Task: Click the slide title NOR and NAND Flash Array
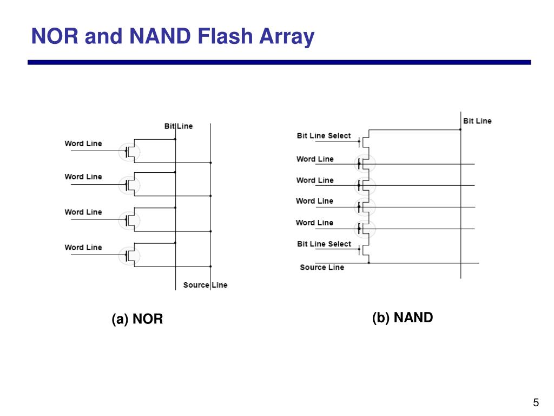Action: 173,37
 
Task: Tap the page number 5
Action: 536,402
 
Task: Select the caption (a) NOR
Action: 137,319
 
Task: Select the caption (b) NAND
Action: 403,317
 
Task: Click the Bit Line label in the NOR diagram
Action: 178,126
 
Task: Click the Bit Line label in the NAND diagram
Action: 477,121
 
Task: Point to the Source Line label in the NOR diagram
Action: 205,285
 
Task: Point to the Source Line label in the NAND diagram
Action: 322,267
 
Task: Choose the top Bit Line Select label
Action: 324,135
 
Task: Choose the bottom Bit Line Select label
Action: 324,244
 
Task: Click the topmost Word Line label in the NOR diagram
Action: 83,144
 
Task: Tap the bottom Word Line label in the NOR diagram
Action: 83,247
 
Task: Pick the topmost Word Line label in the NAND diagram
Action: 315,159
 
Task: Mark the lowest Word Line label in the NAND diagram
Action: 314,223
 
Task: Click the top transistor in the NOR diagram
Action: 130,151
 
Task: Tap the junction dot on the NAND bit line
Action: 460,129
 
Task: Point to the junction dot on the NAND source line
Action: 369,263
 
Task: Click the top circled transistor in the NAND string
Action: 364,163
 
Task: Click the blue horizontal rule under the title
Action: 279,62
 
